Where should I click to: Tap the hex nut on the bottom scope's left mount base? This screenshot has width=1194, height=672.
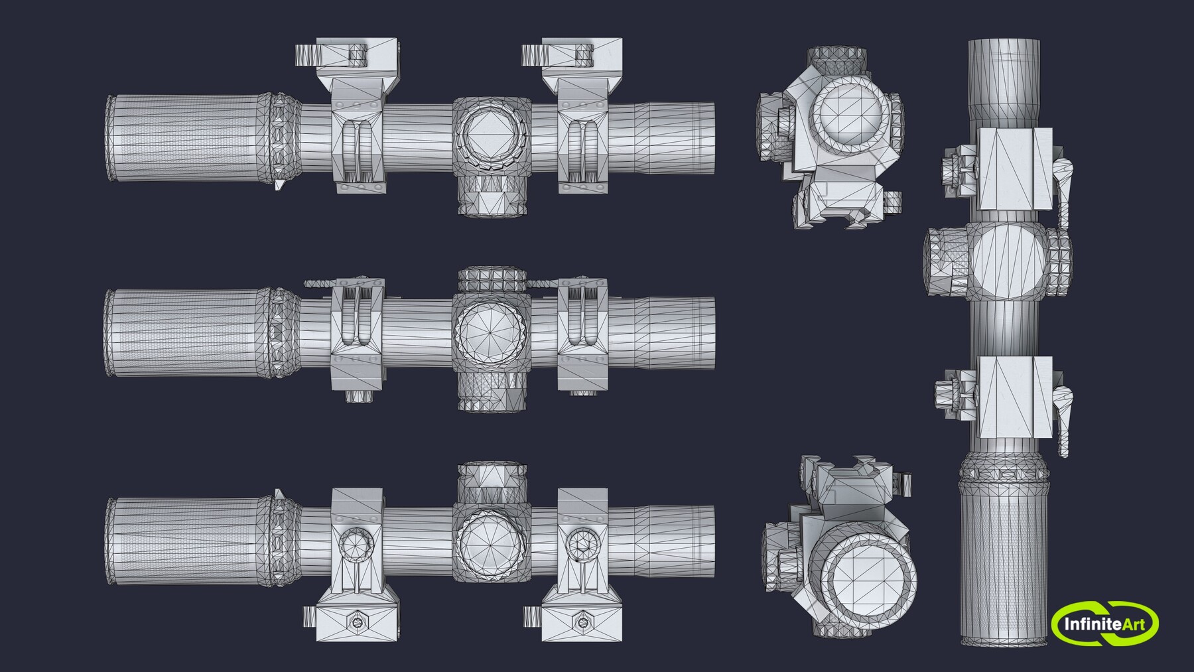point(358,622)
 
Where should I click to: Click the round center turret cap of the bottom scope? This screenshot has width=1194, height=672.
point(492,538)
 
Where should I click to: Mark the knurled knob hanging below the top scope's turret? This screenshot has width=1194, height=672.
point(492,196)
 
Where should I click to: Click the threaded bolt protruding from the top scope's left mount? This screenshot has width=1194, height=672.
point(306,52)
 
